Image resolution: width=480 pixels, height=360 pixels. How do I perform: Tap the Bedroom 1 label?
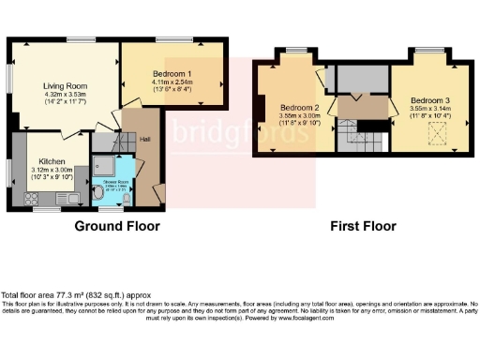(172, 73)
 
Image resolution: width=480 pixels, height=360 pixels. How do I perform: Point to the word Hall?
(145, 141)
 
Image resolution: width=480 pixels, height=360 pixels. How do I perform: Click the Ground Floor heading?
(117, 226)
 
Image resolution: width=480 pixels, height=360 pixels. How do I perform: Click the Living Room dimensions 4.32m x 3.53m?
(64, 96)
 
